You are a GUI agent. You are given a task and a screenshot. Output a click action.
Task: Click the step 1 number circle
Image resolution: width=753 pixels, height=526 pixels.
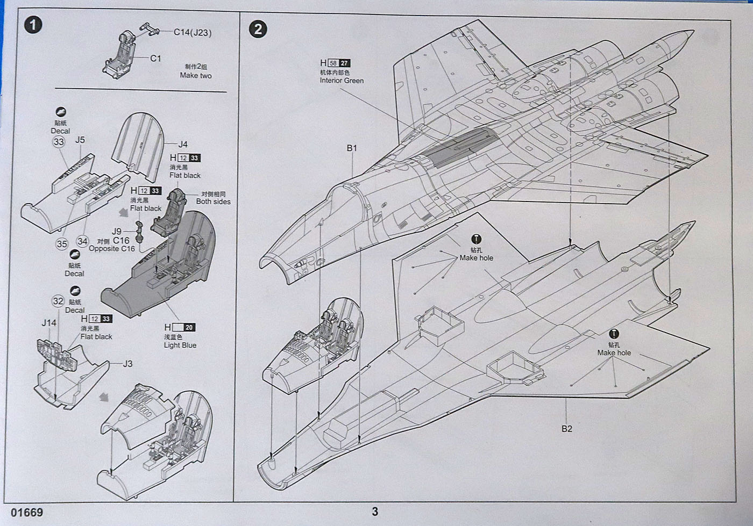[x=33, y=25]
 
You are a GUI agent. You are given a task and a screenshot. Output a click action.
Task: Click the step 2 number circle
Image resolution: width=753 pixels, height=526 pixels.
[x=258, y=28]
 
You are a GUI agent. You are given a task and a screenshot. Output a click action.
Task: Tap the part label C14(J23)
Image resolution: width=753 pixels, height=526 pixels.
[x=192, y=33]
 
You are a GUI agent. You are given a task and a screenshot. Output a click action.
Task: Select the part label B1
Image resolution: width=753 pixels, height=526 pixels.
[x=352, y=148]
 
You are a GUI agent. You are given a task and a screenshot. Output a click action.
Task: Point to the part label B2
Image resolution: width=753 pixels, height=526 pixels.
[x=567, y=429]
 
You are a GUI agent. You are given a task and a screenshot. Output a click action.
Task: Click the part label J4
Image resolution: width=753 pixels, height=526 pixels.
[x=183, y=144]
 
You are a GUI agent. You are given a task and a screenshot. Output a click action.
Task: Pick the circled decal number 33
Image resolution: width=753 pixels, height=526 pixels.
[x=59, y=142]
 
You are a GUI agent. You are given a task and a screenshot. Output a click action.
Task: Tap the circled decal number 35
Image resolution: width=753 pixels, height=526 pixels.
[x=62, y=244]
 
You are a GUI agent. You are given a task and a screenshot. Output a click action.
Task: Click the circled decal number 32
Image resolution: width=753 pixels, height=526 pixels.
[x=58, y=301]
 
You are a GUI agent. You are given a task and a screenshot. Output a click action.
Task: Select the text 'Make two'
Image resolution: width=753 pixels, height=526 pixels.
[x=196, y=76]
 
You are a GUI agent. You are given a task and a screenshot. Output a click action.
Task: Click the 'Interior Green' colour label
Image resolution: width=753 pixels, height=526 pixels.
[x=342, y=81]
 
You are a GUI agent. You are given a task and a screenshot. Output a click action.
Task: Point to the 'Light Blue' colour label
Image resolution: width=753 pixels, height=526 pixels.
[x=180, y=345]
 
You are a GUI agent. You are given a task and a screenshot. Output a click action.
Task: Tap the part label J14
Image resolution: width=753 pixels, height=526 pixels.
[x=49, y=323]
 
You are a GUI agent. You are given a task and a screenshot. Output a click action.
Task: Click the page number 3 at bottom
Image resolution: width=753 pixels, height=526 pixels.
[x=375, y=511]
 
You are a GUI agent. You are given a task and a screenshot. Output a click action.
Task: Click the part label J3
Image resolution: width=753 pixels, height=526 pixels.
[x=127, y=364]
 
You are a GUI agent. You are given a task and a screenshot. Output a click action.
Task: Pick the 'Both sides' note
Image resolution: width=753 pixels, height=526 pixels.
[x=213, y=201]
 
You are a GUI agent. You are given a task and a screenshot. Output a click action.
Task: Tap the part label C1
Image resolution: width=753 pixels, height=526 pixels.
[x=155, y=58]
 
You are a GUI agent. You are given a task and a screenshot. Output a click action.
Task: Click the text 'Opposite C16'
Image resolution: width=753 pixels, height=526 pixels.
[x=112, y=249]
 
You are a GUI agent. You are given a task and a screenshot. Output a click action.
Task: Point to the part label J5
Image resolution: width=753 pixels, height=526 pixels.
[x=80, y=140]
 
